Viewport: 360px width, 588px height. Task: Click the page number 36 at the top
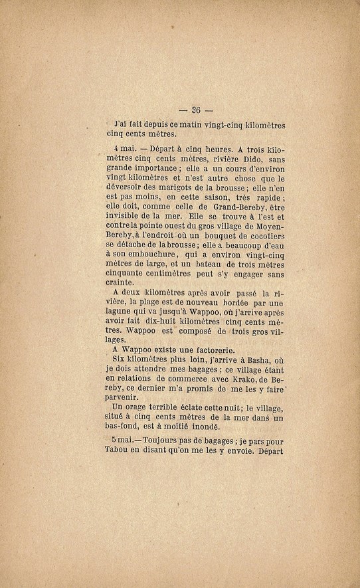pos(196,110)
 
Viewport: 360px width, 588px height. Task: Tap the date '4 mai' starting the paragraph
pos(124,151)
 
